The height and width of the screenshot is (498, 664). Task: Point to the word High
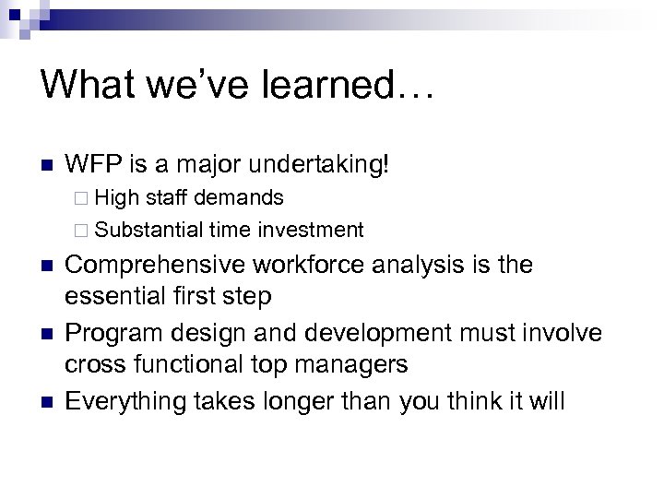coord(115,197)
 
